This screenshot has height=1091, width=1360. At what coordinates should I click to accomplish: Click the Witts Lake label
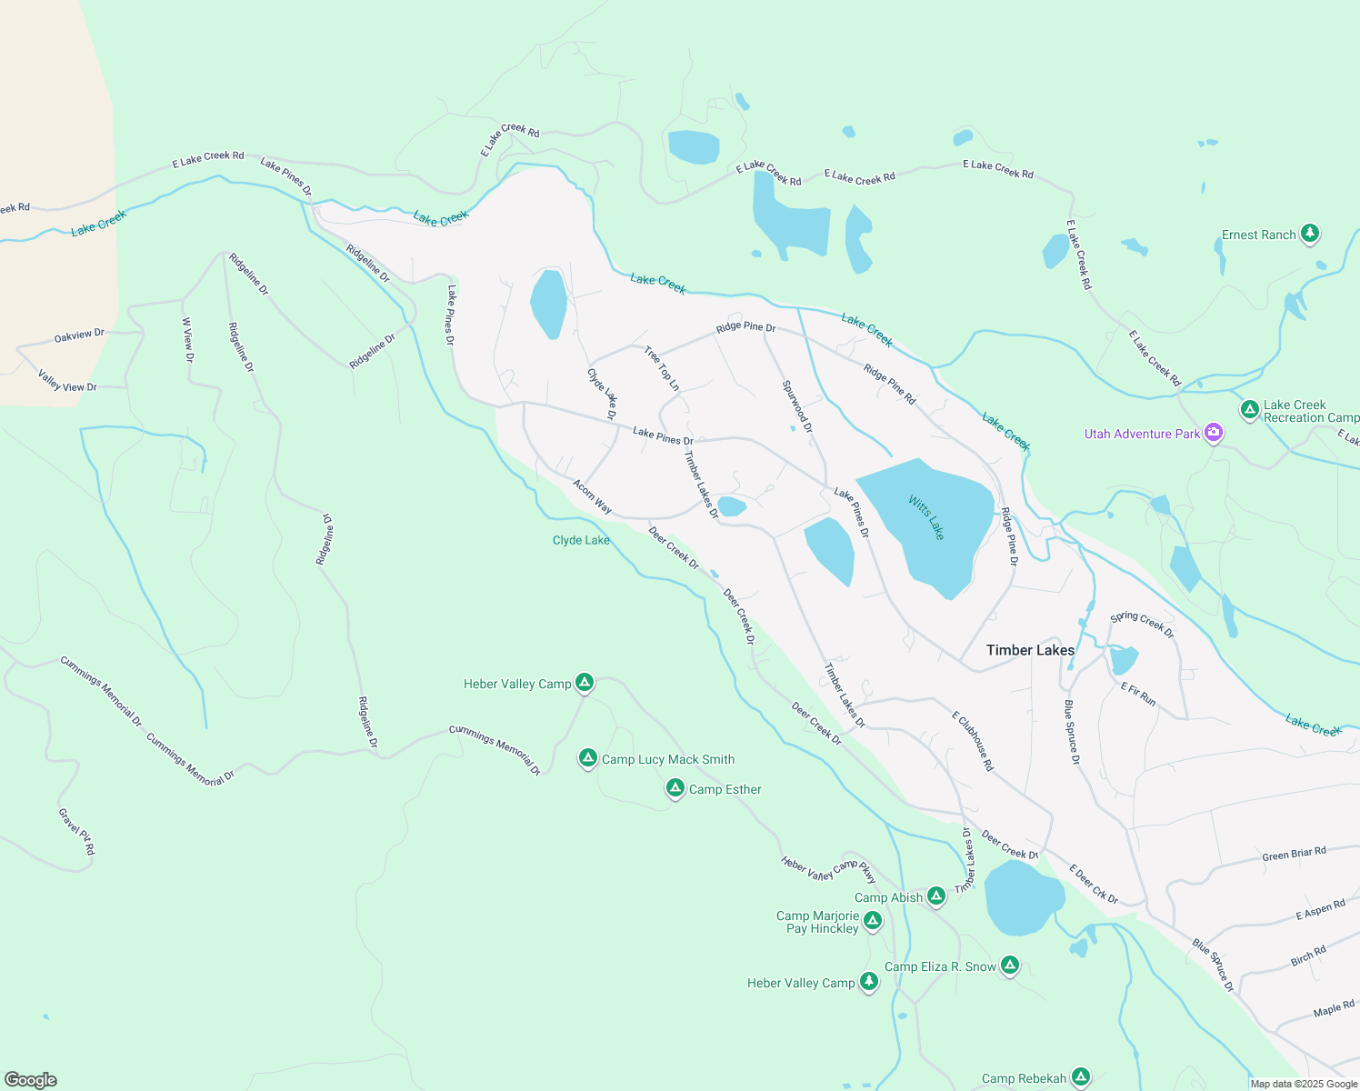coord(926,517)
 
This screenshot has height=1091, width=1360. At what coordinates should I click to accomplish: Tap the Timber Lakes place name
coord(1030,650)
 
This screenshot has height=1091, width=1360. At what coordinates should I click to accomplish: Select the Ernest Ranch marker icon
coord(1309,234)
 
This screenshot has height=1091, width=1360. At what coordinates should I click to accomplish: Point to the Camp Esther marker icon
coord(675,788)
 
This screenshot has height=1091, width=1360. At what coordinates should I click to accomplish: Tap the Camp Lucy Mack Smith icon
coord(588,758)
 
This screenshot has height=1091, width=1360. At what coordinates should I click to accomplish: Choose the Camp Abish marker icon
coord(935,896)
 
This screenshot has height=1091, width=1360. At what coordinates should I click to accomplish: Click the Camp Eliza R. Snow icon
coord(1009,966)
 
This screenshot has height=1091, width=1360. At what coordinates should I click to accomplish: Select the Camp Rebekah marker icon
coord(1080,1077)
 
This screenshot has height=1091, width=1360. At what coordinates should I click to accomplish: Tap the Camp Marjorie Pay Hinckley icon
coord(873,921)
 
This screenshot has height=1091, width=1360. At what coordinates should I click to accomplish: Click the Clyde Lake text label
coord(581,540)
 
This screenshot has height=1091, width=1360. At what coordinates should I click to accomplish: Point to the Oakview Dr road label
coord(79,335)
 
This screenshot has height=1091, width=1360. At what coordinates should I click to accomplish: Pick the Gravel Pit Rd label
coord(76,832)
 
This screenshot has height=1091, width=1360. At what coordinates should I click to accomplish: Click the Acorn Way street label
coord(592,497)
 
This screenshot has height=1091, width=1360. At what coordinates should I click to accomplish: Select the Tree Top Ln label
coord(661,368)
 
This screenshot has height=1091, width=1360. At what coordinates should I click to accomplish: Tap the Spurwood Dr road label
coord(797,406)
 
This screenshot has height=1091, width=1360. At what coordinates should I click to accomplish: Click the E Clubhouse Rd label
coord(973,741)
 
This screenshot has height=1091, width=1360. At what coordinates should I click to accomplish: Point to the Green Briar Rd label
coord(1294,854)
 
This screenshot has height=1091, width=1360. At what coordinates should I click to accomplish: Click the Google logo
coord(31,1080)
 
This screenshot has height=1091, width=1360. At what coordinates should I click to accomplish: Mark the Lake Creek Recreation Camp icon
coord(1249,410)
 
